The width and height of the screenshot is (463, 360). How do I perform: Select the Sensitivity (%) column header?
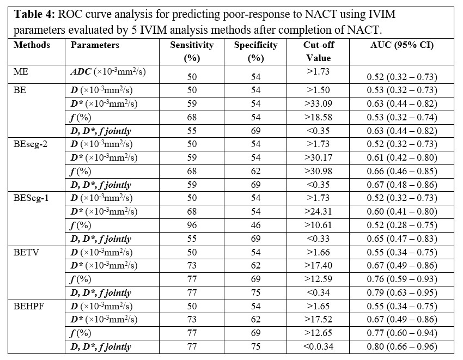[x=192, y=51]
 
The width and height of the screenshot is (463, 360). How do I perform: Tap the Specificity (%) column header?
[x=255, y=51]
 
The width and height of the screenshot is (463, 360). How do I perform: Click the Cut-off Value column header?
[x=318, y=51]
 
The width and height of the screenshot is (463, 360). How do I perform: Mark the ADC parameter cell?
[x=107, y=71]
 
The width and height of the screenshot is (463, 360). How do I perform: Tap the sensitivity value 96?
[x=192, y=225]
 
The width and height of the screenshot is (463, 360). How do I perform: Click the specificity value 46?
[x=255, y=225]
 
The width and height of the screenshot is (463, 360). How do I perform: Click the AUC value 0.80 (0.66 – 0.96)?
[x=399, y=347]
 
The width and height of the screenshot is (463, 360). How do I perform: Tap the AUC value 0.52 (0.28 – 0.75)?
[x=399, y=225]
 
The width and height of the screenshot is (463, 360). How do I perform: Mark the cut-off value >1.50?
[x=318, y=90]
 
